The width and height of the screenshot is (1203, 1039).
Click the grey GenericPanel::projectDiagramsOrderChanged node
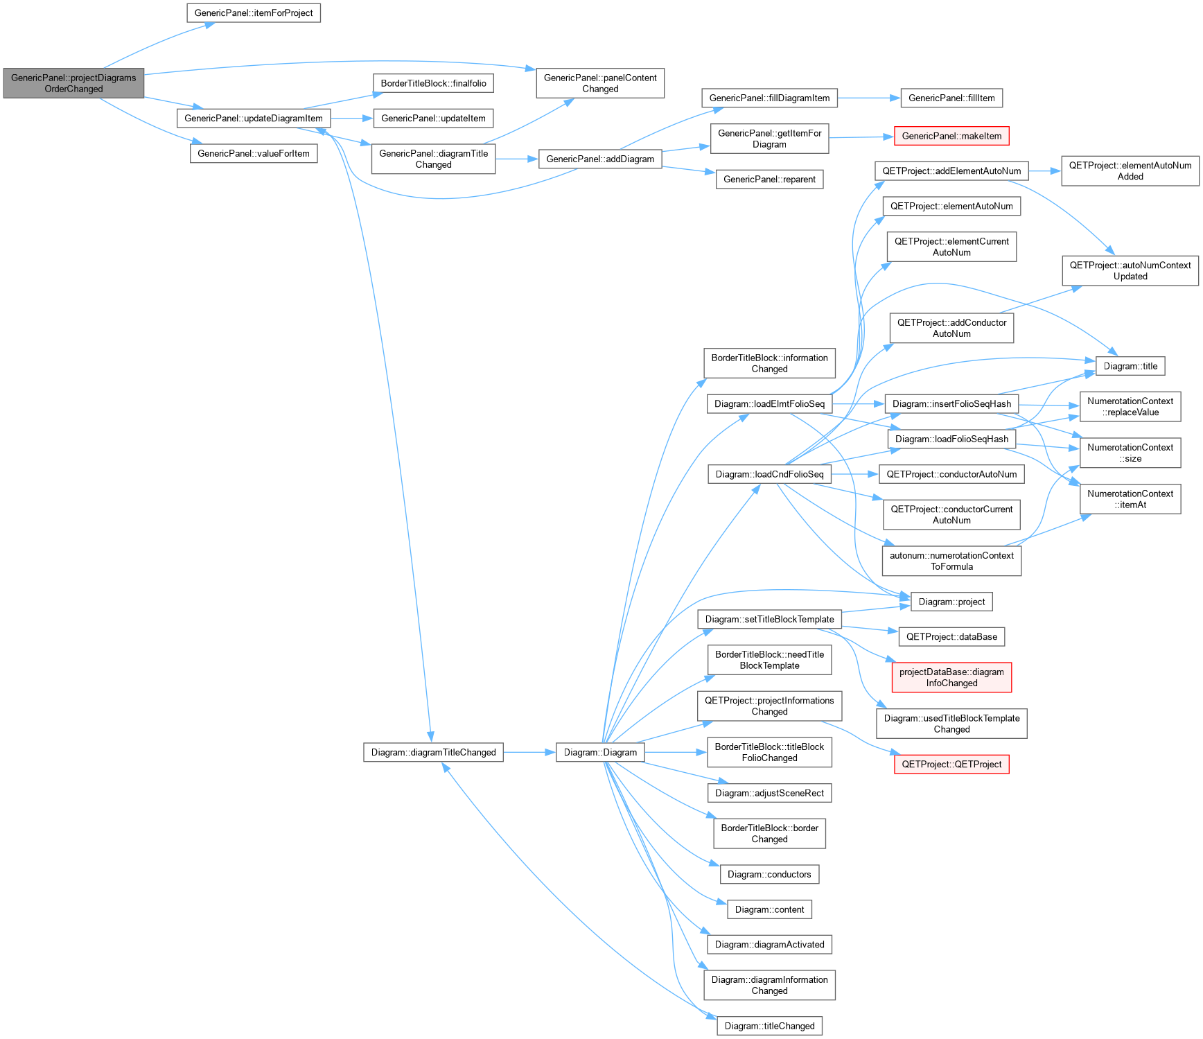point(73,83)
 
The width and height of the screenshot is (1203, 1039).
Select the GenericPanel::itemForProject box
point(254,13)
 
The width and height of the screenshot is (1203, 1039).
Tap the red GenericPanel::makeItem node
point(951,136)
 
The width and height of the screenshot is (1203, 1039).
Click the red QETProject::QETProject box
point(951,765)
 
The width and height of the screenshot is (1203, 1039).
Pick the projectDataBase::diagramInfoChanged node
point(951,677)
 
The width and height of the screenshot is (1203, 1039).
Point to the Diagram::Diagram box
point(600,753)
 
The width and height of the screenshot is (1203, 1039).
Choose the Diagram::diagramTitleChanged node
point(433,753)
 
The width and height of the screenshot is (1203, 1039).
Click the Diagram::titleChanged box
point(769,1026)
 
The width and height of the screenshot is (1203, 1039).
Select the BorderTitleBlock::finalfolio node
point(433,83)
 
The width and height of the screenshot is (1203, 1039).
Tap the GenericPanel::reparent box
point(769,180)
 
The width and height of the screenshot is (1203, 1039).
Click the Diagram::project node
point(951,602)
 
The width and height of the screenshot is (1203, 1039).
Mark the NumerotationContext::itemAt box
point(1130,499)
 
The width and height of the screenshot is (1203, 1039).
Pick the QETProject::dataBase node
point(951,637)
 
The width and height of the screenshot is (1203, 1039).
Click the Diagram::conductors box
point(769,875)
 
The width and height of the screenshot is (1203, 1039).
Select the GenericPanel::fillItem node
point(951,98)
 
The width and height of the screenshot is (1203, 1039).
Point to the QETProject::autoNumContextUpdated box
point(1130,270)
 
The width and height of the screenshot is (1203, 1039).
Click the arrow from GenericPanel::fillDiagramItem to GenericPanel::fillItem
point(869,98)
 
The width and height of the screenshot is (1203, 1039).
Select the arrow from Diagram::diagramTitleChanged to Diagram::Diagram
point(529,753)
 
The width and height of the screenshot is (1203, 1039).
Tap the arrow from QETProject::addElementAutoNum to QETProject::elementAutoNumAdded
point(1045,171)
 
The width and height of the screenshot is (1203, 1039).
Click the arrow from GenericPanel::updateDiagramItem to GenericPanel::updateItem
point(352,119)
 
